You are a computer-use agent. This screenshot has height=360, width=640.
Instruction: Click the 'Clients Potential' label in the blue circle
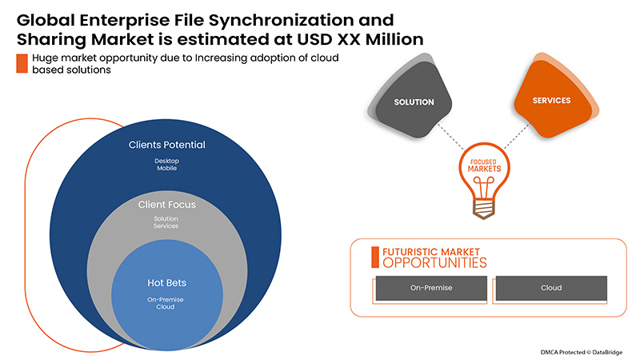pyautogui.click(x=167, y=146)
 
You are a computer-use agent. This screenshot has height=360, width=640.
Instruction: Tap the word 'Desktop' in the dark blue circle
pyautogui.click(x=167, y=160)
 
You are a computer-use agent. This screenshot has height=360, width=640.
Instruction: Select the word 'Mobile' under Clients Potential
pyautogui.click(x=167, y=169)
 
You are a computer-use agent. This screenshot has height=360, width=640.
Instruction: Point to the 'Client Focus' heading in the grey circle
pyautogui.click(x=167, y=205)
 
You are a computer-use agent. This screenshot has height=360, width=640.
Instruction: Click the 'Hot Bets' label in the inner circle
pyautogui.click(x=167, y=282)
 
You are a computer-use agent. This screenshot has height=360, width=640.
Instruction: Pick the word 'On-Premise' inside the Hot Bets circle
pyautogui.click(x=167, y=299)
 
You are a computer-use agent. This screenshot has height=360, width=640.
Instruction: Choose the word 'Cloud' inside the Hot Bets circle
pyautogui.click(x=167, y=308)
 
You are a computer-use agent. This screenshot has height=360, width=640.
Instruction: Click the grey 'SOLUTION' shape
pyautogui.click(x=414, y=102)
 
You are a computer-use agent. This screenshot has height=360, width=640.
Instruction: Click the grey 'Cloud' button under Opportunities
pyautogui.click(x=551, y=288)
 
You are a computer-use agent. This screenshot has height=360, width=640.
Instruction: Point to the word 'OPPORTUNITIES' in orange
pyautogui.click(x=433, y=262)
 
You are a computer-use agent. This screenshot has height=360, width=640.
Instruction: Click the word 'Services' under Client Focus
pyautogui.click(x=167, y=226)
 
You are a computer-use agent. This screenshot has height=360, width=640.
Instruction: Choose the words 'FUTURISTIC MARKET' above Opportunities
pyautogui.click(x=432, y=250)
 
